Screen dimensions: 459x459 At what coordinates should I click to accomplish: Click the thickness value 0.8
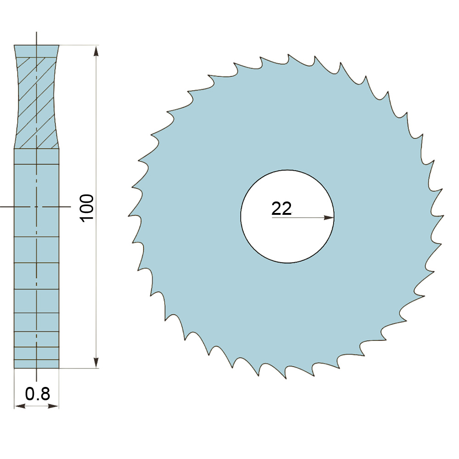[x=38, y=394]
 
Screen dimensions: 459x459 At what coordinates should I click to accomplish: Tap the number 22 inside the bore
[x=282, y=208]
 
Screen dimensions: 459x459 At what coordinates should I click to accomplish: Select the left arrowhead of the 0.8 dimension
[x=20, y=406]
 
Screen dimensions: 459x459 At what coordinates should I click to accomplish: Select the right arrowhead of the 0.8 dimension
[x=53, y=406]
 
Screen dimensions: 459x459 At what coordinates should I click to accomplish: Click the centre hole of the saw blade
[x=287, y=217]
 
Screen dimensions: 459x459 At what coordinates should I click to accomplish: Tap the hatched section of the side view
[x=36, y=102]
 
